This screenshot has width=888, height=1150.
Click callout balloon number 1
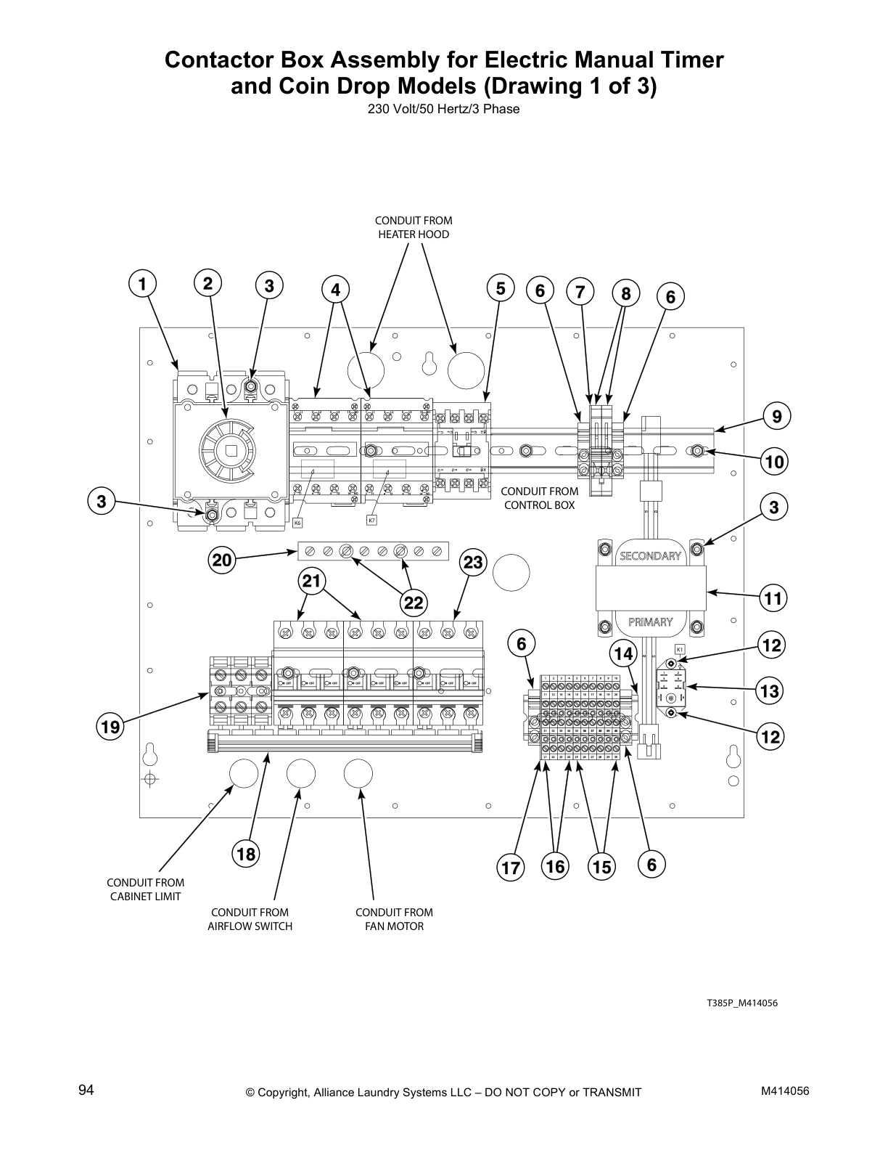pos(143,284)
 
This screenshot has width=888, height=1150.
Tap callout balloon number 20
pos(222,560)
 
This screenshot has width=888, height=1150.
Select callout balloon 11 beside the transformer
pos(774,599)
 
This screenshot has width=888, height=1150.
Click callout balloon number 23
pos(473,563)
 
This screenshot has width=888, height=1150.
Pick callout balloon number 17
pos(510,868)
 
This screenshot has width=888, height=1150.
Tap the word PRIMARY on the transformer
pos(650,621)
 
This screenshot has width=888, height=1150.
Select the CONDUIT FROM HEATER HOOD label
pos(413,227)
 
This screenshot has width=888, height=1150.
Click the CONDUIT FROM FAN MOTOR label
pos(394,919)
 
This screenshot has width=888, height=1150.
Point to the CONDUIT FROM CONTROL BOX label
pos(539,498)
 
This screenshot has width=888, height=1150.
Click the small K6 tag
pos(297,522)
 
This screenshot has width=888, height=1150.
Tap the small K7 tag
pos(371,520)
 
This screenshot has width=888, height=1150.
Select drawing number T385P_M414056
pos(742,1003)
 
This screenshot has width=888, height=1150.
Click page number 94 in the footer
pos(86,1090)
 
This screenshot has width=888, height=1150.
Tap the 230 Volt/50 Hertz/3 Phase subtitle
pos(443,110)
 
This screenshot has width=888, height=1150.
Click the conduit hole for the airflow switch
pos(300,775)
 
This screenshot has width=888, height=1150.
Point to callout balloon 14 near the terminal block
pos(623,653)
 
